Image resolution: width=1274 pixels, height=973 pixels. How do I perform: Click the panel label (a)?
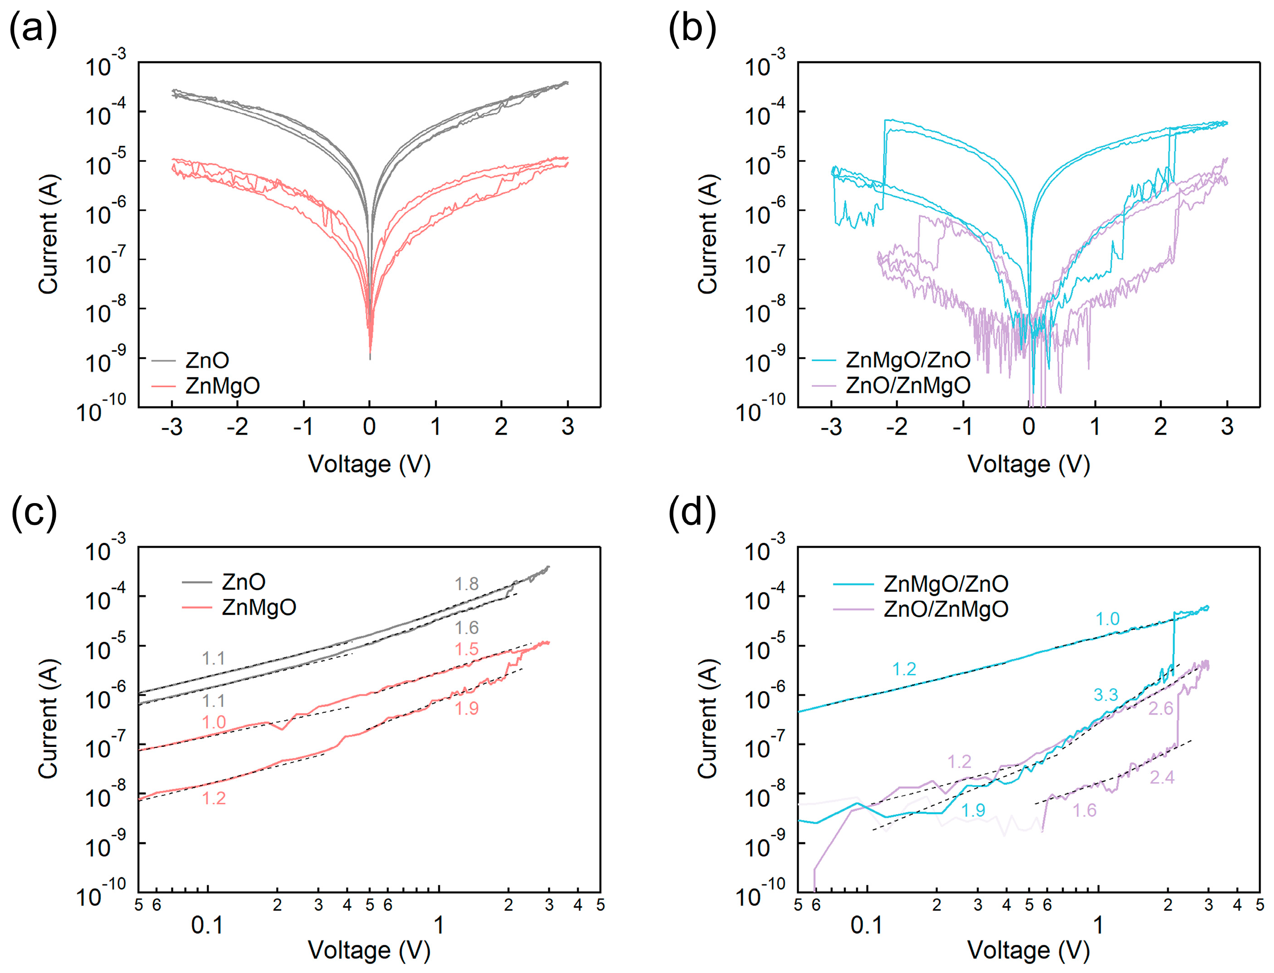33,29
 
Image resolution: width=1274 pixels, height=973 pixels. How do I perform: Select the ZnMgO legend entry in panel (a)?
223,386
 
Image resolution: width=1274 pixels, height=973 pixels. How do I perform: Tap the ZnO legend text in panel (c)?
243,582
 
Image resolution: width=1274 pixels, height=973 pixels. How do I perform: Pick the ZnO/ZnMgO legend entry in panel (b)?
907,385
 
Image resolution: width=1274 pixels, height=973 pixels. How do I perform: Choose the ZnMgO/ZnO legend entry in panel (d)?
946,583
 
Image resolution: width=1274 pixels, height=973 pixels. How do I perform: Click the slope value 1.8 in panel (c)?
466,584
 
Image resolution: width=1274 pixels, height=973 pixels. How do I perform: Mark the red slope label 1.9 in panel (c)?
466,708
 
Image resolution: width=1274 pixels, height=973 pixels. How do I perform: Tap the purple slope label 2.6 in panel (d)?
1160,708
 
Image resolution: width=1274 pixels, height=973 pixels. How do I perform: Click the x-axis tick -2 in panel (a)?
237,427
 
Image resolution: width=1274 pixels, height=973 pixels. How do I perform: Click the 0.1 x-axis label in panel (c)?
207,925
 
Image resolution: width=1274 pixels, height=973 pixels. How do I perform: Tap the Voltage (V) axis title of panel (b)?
1028,464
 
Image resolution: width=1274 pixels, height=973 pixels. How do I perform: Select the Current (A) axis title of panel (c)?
49,718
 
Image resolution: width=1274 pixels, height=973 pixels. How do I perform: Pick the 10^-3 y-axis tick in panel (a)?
105,64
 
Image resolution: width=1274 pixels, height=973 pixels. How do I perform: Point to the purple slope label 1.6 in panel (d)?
1084,810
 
